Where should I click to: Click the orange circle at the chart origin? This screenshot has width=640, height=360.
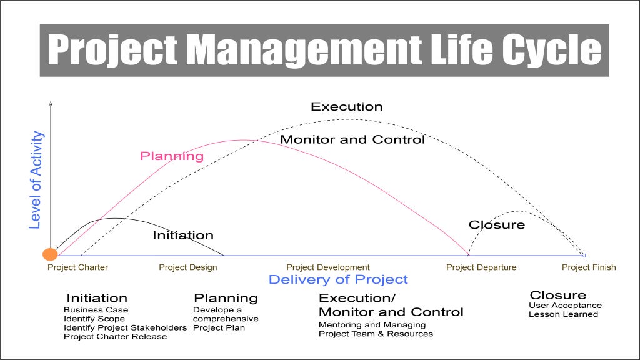(50, 254)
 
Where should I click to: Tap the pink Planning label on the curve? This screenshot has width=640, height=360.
(172, 156)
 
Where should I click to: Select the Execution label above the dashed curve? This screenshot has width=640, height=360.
(346, 107)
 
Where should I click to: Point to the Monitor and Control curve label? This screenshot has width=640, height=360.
(352, 139)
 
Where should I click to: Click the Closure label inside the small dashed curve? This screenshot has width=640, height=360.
(497, 225)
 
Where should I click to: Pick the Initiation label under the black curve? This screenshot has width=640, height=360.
(183, 236)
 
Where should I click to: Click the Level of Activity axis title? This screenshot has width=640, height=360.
(37, 179)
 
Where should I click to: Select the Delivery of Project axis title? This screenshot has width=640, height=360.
(338, 279)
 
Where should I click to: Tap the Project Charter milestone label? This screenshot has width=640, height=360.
(78, 267)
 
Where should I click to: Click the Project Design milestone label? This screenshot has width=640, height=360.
(188, 267)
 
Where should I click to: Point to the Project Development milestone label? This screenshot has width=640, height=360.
(328, 267)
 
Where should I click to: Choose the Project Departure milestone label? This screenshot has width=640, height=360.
(481, 267)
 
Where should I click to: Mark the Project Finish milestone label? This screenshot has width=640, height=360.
(589, 267)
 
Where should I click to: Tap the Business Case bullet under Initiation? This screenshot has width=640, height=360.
(96, 310)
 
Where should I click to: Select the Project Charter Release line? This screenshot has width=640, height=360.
(116, 336)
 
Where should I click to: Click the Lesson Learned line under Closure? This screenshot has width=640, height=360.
(563, 314)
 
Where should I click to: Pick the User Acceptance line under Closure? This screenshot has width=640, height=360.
(565, 306)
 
